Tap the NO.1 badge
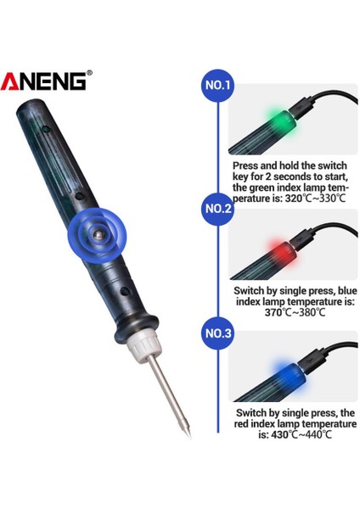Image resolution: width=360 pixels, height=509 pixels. pos(219,86)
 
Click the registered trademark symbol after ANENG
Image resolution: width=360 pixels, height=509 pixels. pos(89,73)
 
